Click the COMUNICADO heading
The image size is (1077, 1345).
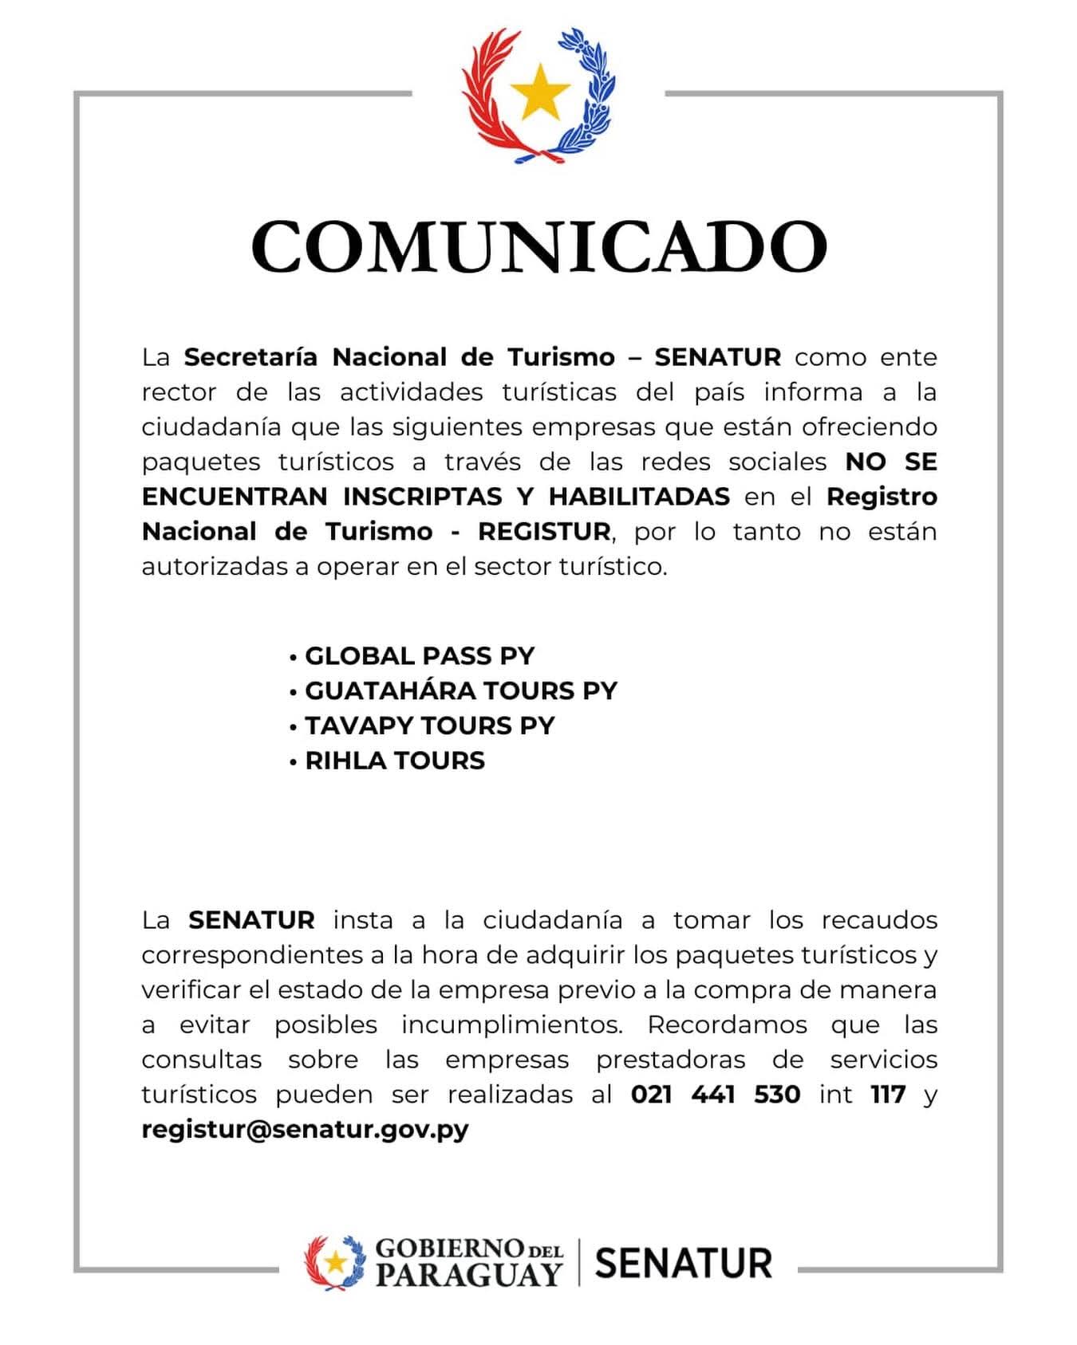point(538,246)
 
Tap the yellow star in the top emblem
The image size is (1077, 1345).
point(540,90)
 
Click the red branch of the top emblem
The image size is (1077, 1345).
point(488,96)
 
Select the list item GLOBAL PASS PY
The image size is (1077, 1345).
point(419,656)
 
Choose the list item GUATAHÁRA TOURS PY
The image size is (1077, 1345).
point(460,690)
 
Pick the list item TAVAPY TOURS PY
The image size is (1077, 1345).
point(429,726)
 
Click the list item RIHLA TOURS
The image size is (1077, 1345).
point(394,761)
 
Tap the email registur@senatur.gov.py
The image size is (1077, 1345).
point(305,1130)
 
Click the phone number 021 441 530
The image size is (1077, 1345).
point(715,1095)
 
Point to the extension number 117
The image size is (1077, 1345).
point(888,1095)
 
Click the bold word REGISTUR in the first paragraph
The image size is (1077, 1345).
point(544,532)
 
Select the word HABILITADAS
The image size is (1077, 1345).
point(639,497)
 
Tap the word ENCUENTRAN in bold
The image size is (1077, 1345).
point(235,497)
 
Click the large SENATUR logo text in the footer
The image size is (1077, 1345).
point(684,1264)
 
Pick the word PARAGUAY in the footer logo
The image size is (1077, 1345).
point(468,1274)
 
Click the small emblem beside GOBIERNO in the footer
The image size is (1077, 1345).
point(335,1262)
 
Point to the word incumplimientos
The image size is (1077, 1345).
point(511,1024)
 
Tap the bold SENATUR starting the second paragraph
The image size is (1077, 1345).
point(251,920)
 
